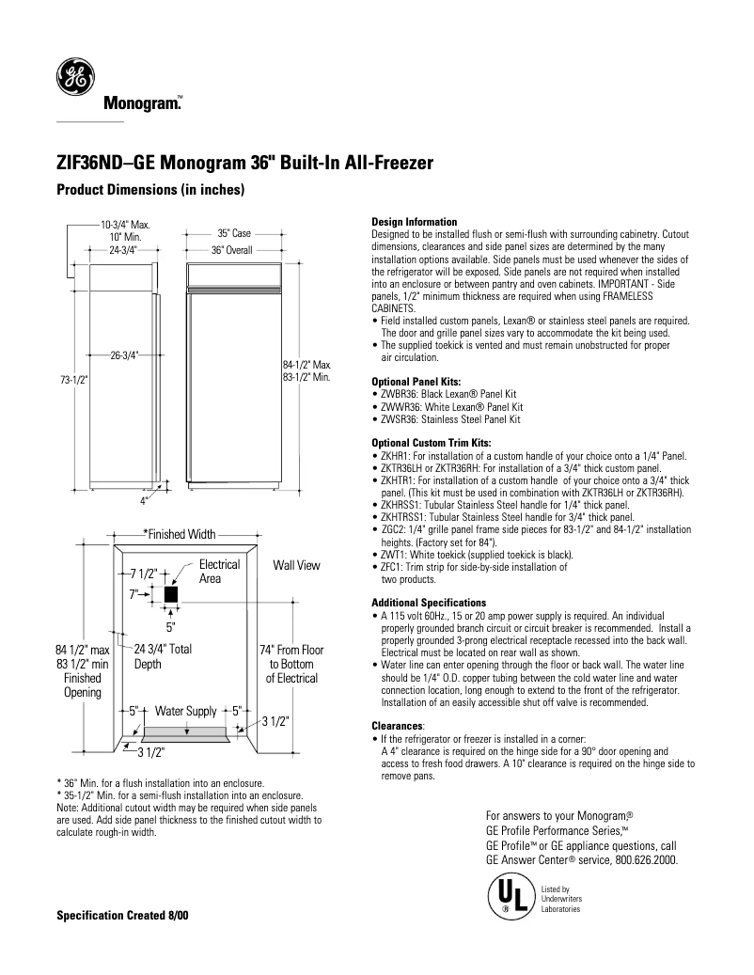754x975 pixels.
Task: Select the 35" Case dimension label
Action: [234, 232]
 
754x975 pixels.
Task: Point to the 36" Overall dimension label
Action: [230, 251]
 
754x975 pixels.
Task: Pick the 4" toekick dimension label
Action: [144, 500]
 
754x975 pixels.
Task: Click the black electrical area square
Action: [170, 595]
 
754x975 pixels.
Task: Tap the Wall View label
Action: [296, 565]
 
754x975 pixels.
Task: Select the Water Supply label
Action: [185, 711]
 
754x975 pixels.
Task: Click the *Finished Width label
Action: [179, 534]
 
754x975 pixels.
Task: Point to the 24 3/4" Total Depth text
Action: [163, 656]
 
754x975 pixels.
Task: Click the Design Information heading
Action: [415, 222]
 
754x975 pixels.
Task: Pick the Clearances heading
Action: [399, 725]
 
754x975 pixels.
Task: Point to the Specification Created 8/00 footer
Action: [122, 915]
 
